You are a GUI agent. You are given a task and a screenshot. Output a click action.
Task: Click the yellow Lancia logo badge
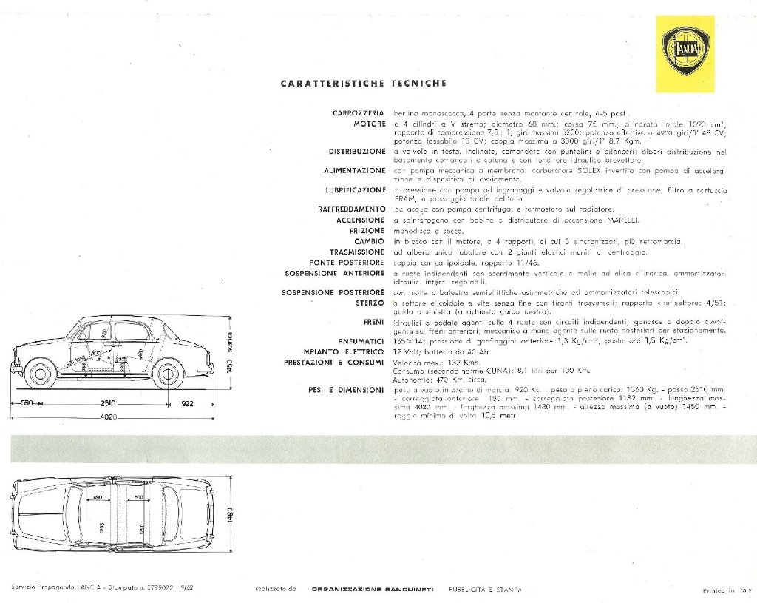(687, 54)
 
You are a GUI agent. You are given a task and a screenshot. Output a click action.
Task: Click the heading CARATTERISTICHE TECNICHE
(363, 84)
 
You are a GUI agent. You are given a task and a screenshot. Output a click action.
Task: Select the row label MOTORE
(369, 123)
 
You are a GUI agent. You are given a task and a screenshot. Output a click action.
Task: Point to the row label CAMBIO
(368, 241)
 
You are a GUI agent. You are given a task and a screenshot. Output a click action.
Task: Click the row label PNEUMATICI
(359, 340)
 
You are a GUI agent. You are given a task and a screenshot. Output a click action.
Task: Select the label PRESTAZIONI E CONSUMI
(334, 363)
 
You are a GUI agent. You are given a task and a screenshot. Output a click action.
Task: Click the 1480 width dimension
(229, 513)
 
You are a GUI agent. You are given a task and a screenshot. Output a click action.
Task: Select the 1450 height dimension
(229, 365)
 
